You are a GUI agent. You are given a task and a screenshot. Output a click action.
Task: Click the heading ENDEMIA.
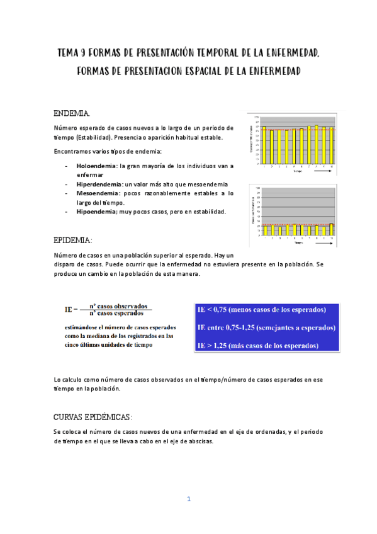72,113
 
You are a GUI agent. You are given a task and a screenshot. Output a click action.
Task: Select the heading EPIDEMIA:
73,241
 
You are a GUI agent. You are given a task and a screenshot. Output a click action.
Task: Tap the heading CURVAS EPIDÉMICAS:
92,418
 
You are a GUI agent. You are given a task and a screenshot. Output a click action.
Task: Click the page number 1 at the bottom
188,499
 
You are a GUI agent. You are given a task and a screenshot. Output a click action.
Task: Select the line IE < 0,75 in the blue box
262,310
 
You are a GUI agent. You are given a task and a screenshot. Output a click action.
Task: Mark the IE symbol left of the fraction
70,309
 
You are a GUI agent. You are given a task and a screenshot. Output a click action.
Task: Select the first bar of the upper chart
264,145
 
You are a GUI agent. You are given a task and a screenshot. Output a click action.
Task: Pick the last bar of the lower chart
332,229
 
